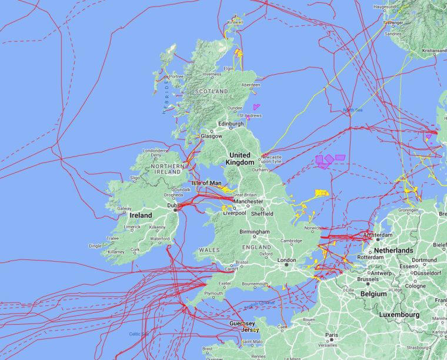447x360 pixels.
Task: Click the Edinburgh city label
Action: click(231, 124)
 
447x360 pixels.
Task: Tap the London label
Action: click(286, 260)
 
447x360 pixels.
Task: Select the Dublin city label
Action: click(172, 206)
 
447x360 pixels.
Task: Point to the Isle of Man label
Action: click(206, 183)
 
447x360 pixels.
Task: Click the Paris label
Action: click(332, 334)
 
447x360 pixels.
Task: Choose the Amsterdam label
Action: click(395, 235)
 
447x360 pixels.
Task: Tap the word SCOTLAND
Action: click(211, 92)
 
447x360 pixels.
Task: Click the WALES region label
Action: click(209, 250)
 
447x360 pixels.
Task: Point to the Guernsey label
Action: click(242, 324)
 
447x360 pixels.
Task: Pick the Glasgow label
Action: click(211, 136)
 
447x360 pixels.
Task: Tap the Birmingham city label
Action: click(254, 232)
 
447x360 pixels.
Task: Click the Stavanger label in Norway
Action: click(392, 23)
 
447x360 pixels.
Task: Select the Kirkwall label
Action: click(235, 22)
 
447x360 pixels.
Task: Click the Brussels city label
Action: click(368, 279)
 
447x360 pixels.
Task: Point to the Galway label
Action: click(124, 208)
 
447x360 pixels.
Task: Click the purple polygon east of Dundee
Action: click(256, 107)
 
